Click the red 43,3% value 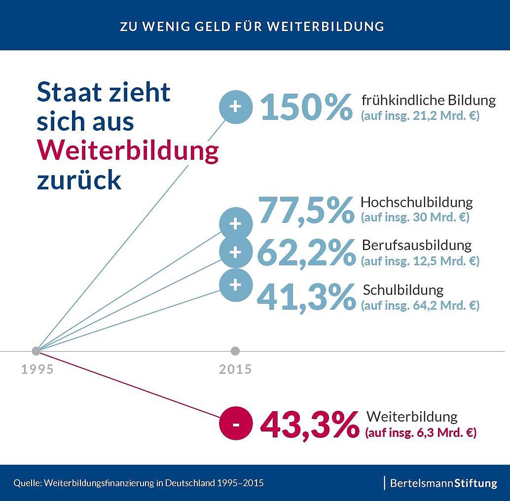309,425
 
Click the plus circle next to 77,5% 236,224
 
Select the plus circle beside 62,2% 236,252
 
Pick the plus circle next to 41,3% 236,285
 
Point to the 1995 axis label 37,369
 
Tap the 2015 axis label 235,369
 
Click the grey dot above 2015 235,351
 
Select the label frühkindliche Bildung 428,101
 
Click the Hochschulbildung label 416,202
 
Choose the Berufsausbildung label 417,245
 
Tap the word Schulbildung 403,289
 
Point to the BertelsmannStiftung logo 443,483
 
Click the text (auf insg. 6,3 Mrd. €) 420,434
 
